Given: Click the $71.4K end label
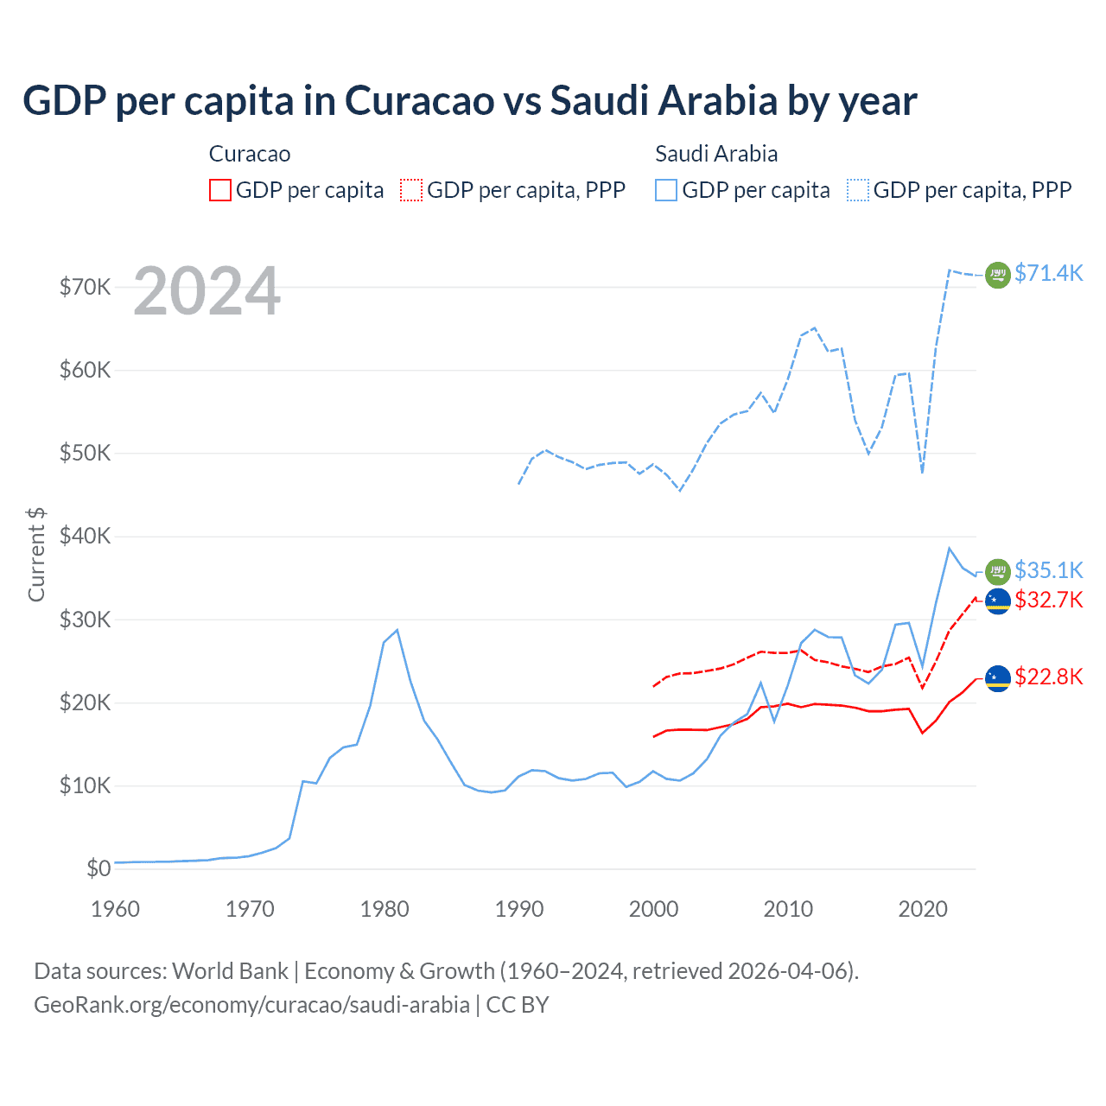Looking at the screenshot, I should coord(1048,273).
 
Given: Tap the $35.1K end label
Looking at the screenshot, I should coord(1048,570).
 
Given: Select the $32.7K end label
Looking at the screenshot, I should coord(1048,600).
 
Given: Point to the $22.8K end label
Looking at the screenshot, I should coord(1048,677).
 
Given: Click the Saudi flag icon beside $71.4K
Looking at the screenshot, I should coord(998,275).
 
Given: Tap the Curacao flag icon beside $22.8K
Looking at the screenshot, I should coord(998,678).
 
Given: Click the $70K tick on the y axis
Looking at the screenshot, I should coord(85,287).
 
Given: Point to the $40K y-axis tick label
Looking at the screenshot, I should coord(85,537).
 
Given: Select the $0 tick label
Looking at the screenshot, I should coord(99,869).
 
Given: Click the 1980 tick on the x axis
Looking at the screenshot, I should coord(385,909).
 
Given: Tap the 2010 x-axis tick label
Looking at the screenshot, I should coord(788,909).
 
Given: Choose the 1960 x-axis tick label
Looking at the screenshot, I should coord(115,909).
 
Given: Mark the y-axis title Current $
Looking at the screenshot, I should coord(36,554).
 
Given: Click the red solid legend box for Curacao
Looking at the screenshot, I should coord(220,190).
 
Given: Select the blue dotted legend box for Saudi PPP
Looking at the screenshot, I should coord(858,190).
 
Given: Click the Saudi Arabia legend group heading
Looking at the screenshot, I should coord(716,154).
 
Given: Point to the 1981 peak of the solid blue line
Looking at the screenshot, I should coord(397,630).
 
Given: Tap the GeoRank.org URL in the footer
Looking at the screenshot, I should coord(251,1005).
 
